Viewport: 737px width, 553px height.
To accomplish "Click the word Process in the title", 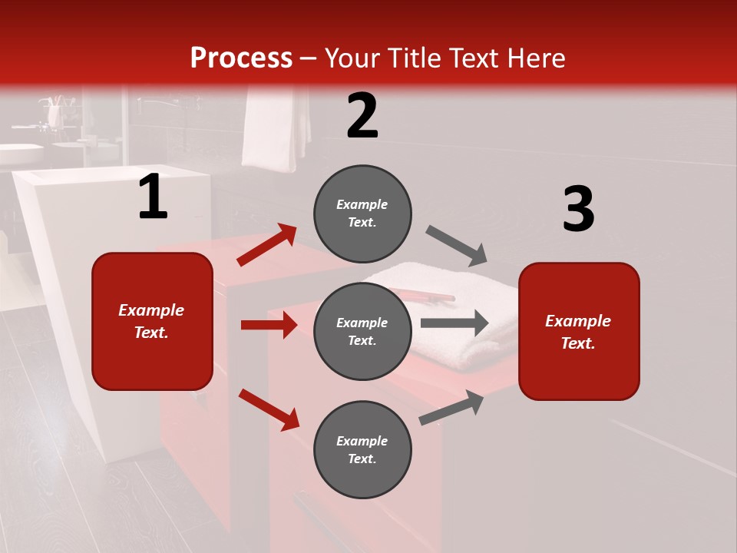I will pos(241,58).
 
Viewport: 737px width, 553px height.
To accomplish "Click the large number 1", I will pos(153,197).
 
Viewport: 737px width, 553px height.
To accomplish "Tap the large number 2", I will pos(362,116).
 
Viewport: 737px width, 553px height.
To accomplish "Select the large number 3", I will pos(578,210).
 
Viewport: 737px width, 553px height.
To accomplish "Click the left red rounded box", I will pos(152,321).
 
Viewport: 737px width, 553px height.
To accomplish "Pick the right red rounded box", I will pos(579,331).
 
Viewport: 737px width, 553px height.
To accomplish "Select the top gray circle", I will pos(362,214).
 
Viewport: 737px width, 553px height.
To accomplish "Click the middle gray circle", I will pos(362,331).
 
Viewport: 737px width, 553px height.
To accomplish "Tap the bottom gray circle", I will pos(362,449).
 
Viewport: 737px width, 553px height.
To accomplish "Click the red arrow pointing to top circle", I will pos(267,244).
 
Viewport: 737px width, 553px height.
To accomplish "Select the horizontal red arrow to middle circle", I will pos(269,325).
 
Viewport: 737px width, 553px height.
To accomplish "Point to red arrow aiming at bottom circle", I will pos(269,409).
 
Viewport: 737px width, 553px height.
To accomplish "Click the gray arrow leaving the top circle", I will pos(457,246).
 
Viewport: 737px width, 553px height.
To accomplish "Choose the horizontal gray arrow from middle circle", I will pos(454,323).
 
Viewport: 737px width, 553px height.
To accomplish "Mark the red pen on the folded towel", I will pos(422,295).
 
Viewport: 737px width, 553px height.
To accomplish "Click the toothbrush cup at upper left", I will pos(55,113).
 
